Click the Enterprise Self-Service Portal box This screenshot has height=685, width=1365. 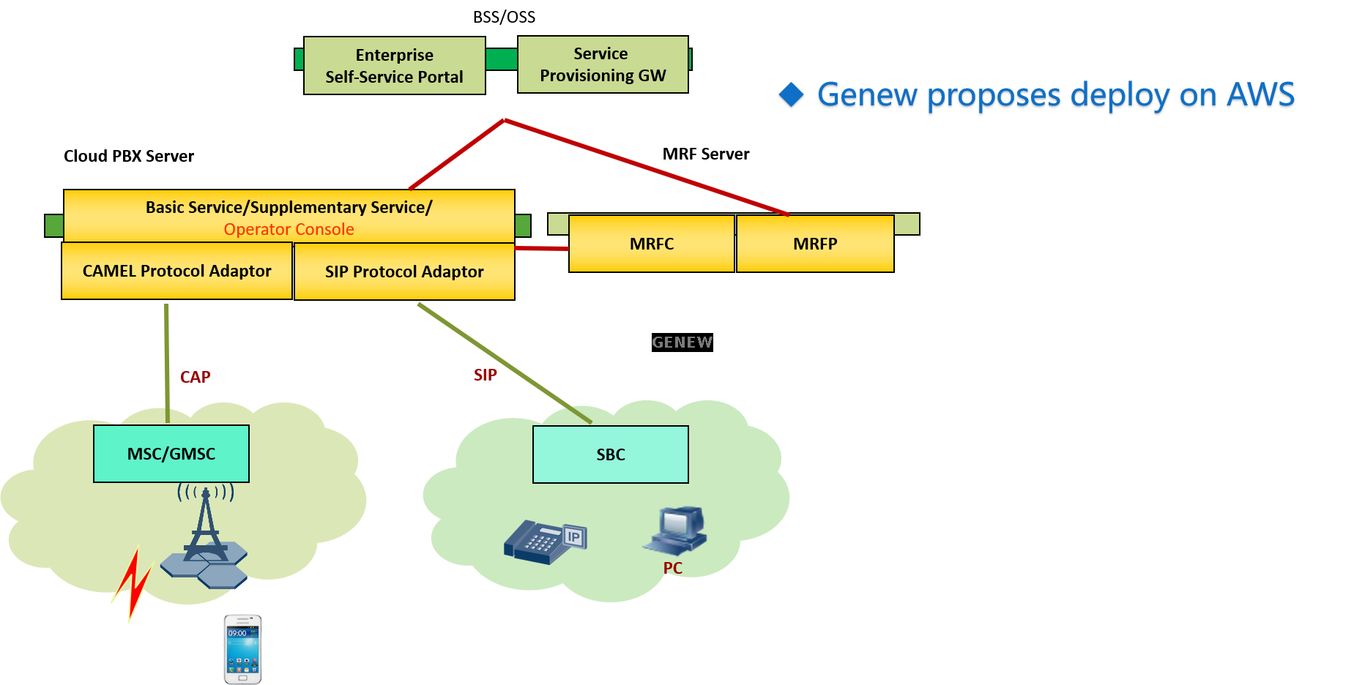tap(394, 66)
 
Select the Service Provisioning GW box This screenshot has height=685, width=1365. tap(603, 64)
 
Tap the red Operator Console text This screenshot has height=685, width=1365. tap(289, 229)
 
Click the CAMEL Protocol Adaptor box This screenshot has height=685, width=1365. tap(176, 271)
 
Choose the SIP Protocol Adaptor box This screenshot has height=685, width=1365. tap(404, 272)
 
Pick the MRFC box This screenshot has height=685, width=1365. tap(651, 244)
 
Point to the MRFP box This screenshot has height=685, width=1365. tap(814, 244)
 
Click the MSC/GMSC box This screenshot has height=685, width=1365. tap(171, 454)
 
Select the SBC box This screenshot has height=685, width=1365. tap(610, 454)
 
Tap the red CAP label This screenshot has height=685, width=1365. tap(196, 377)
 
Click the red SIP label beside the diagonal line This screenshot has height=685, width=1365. tap(485, 375)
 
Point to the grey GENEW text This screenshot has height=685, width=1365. tap(682, 342)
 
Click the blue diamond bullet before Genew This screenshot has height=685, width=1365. tap(791, 95)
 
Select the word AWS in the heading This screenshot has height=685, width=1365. tap(1260, 95)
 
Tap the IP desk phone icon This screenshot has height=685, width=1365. tap(546, 542)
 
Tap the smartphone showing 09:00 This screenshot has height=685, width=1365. tap(242, 649)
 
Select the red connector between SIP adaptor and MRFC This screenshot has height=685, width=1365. tap(541, 255)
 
